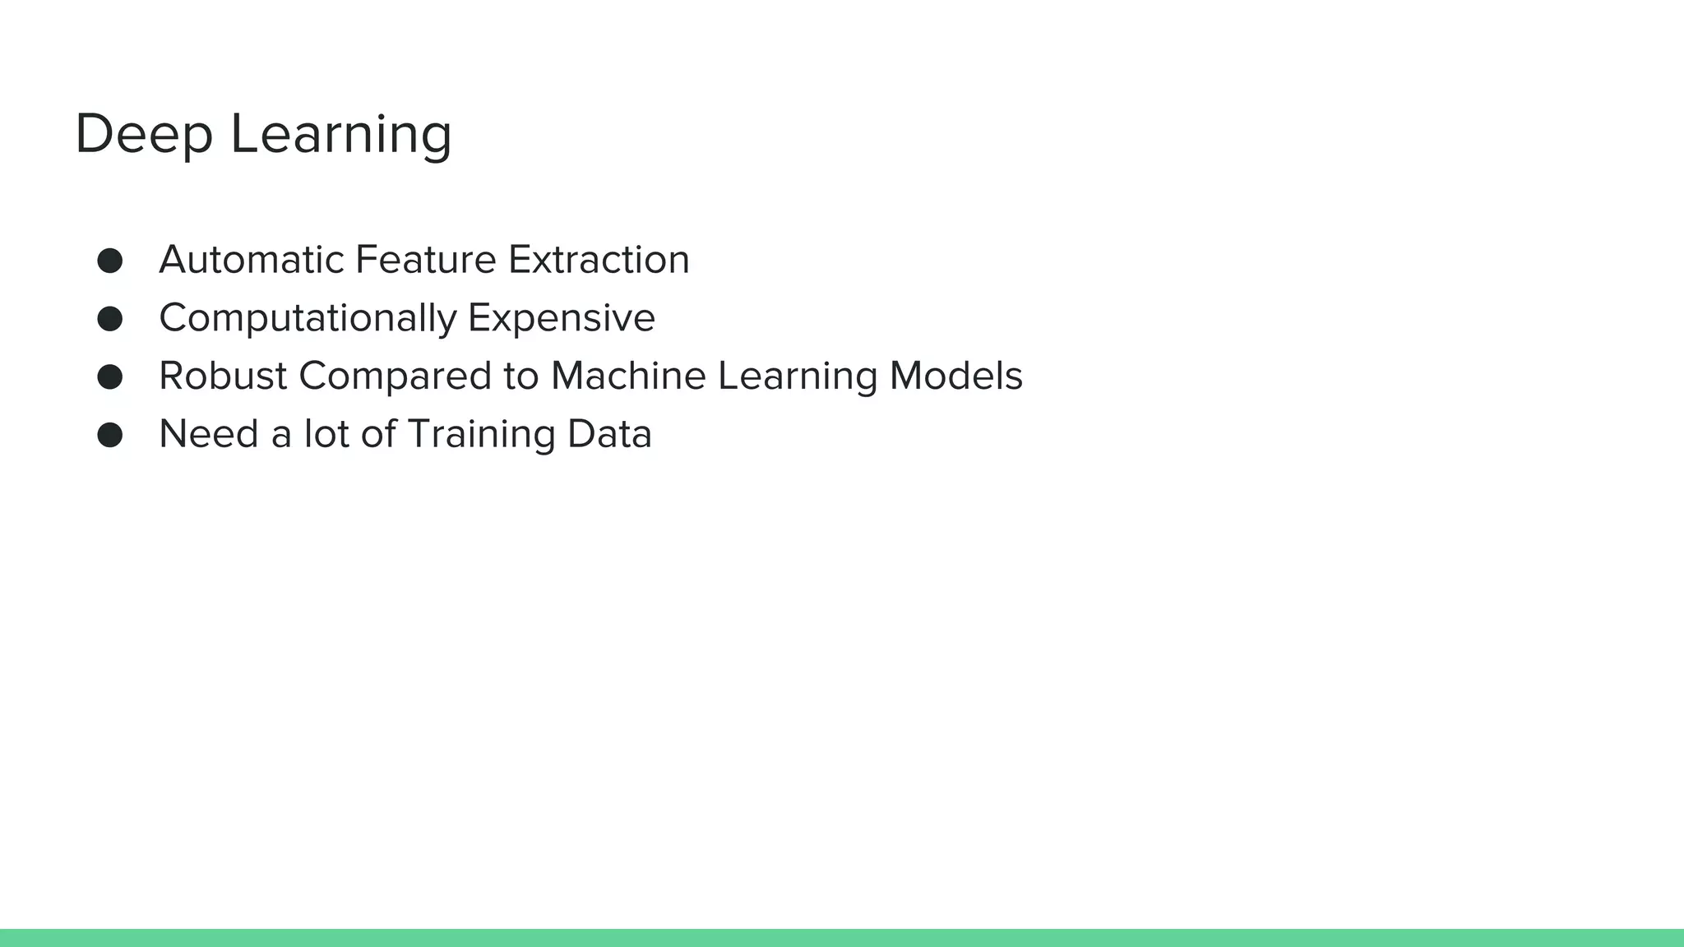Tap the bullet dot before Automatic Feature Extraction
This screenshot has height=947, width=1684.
[x=110, y=261]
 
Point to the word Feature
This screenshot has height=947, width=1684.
[x=425, y=261]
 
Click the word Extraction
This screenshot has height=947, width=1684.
[x=599, y=261]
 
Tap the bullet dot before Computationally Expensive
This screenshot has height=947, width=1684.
[x=110, y=319]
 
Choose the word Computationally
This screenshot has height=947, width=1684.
[x=308, y=319]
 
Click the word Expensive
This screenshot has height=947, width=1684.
[x=562, y=319]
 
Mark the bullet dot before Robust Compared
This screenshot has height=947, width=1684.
[x=110, y=377]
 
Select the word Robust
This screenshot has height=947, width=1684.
[x=223, y=376]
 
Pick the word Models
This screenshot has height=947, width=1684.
[x=955, y=376]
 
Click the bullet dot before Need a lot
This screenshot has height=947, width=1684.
[x=110, y=435]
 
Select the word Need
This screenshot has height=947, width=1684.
[x=209, y=434]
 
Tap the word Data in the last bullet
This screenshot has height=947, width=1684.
[x=609, y=434]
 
